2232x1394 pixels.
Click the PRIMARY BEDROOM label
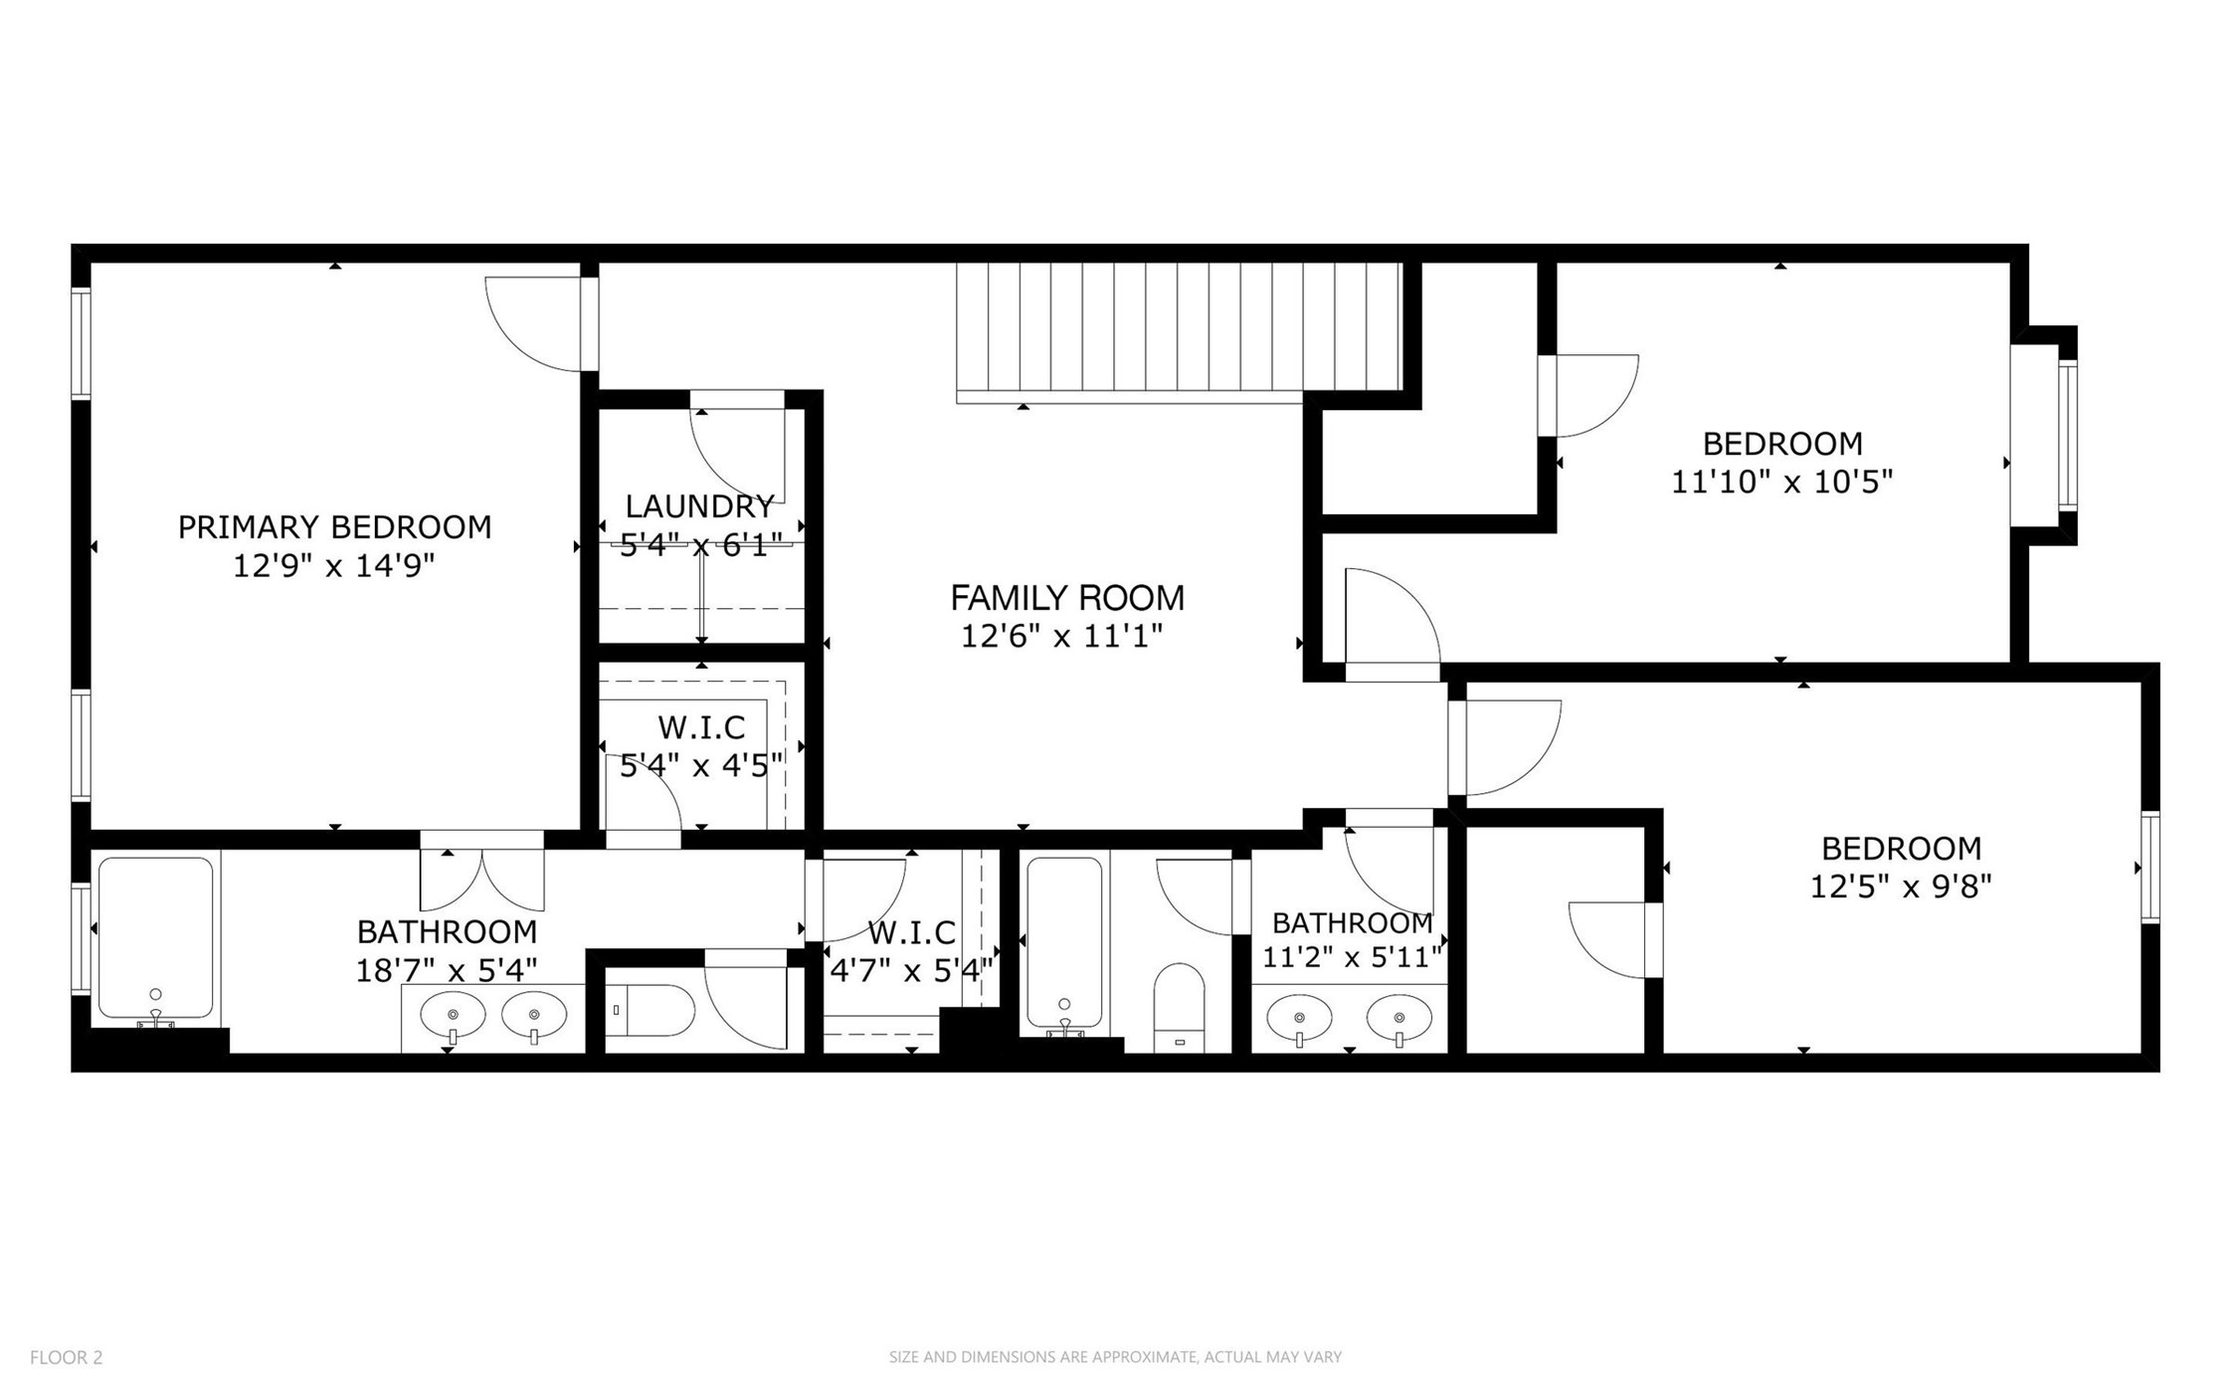(334, 526)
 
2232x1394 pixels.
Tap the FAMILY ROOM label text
(1067, 597)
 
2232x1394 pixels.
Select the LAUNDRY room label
(699, 505)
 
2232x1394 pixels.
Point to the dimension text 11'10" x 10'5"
(1781, 482)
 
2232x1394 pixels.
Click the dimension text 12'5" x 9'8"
(1900, 886)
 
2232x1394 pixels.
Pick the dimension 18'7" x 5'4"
(447, 970)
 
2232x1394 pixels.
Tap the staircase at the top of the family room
(1179, 332)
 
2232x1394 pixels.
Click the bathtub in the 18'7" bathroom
(156, 938)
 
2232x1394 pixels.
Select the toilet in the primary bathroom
(650, 1010)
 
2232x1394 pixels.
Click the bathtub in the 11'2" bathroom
(1064, 942)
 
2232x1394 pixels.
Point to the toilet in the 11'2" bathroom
(1179, 1007)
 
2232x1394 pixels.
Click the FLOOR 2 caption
(66, 1357)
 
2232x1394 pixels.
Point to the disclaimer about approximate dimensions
(1115, 1357)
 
